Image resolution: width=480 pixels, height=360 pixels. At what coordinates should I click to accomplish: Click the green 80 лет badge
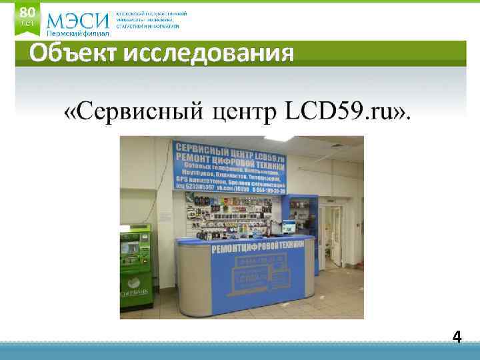point(27,17)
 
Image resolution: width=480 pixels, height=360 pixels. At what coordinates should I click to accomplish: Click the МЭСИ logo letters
point(77,19)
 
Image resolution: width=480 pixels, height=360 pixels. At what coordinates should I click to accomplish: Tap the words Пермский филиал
point(77,34)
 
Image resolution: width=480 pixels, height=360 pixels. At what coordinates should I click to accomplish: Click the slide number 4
point(457,337)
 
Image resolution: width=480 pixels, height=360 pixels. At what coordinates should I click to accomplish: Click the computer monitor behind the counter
point(289,227)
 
